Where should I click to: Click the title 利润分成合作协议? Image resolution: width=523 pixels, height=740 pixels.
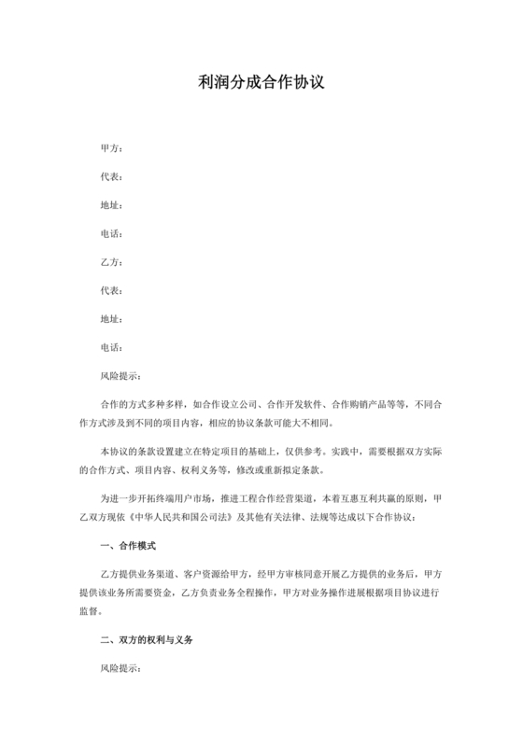[x=261, y=83]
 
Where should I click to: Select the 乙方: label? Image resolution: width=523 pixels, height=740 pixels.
[x=111, y=262]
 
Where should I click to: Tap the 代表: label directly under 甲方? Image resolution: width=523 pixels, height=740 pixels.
[x=111, y=176]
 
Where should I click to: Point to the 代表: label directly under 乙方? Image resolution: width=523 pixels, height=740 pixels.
[x=111, y=290]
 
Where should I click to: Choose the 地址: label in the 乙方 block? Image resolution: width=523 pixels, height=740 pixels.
[x=111, y=319]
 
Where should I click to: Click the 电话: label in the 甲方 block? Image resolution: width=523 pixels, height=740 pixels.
[x=111, y=233]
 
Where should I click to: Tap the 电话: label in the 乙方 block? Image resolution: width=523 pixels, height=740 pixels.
[x=111, y=347]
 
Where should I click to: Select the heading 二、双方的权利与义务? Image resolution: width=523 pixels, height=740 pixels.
[x=147, y=642]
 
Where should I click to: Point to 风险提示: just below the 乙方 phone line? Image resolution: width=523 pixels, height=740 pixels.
[x=120, y=376]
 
